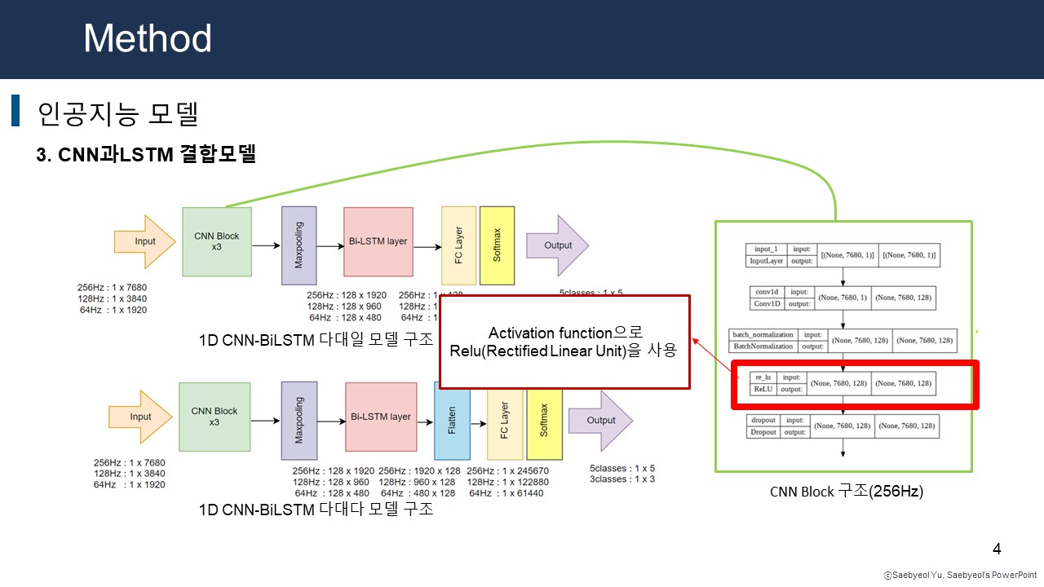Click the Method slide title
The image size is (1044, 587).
tap(148, 38)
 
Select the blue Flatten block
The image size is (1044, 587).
tap(452, 420)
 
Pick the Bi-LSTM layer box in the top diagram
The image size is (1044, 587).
tap(378, 241)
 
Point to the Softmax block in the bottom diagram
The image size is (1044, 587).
tap(544, 420)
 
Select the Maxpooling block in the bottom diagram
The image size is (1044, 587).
tap(299, 421)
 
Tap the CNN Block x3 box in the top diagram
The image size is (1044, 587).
tap(216, 241)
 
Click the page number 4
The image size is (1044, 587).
tap(997, 548)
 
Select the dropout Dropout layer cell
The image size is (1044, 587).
tap(763, 426)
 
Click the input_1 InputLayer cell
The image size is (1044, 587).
tap(767, 255)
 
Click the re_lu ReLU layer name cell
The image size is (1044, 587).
tap(763, 383)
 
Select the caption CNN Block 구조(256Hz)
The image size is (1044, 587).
tap(846, 492)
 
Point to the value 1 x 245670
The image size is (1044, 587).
tap(514, 470)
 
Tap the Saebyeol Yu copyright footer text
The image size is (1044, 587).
tap(959, 576)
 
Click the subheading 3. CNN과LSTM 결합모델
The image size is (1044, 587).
tap(146, 155)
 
